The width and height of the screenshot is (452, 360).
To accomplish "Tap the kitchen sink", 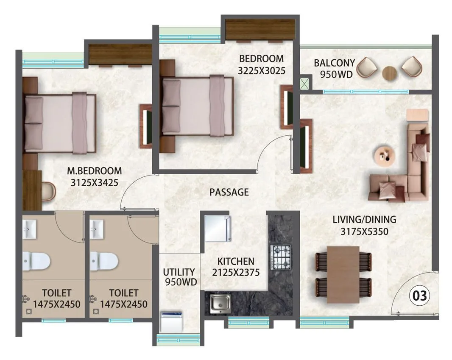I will tap(220, 303).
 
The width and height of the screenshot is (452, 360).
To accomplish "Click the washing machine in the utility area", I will tap(172, 322).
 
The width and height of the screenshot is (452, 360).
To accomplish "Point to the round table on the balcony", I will tap(389, 73).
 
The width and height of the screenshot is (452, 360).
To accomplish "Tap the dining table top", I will tap(343, 274).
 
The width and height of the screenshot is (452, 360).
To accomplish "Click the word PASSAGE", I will tap(229, 193).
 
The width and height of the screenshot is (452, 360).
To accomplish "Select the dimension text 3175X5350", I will tap(364, 232).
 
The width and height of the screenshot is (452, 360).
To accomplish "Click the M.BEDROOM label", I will tap(95, 171).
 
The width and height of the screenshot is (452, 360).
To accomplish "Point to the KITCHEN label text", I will tap(236, 261).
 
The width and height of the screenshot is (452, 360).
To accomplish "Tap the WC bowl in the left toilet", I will tap(36, 261).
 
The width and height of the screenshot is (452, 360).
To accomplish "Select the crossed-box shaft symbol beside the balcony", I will tap(304, 83).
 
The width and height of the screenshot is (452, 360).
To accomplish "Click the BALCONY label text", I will tap(334, 63).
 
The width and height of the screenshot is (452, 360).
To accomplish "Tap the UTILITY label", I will tap(179, 272).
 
